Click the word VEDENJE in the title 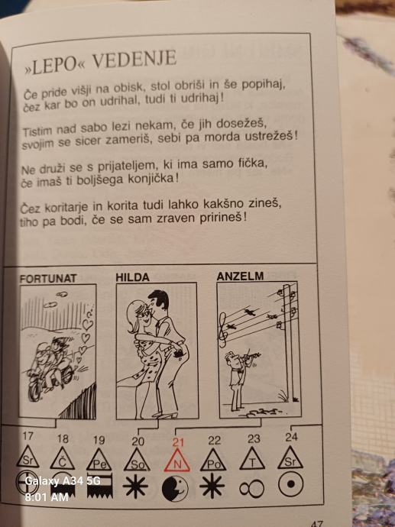tap(134, 60)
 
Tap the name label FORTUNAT tap(48, 279)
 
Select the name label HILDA tap(132, 277)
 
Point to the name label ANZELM tap(240, 276)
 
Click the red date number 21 tap(178, 442)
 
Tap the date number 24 tap(291, 437)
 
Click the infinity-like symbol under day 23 tap(252, 489)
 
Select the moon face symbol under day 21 tap(175, 489)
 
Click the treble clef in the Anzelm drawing tap(223, 329)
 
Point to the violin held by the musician tap(251, 356)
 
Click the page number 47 tap(317, 523)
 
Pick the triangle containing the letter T tap(252, 459)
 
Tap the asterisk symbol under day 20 tap(135, 487)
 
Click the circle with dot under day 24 tap(291, 484)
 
